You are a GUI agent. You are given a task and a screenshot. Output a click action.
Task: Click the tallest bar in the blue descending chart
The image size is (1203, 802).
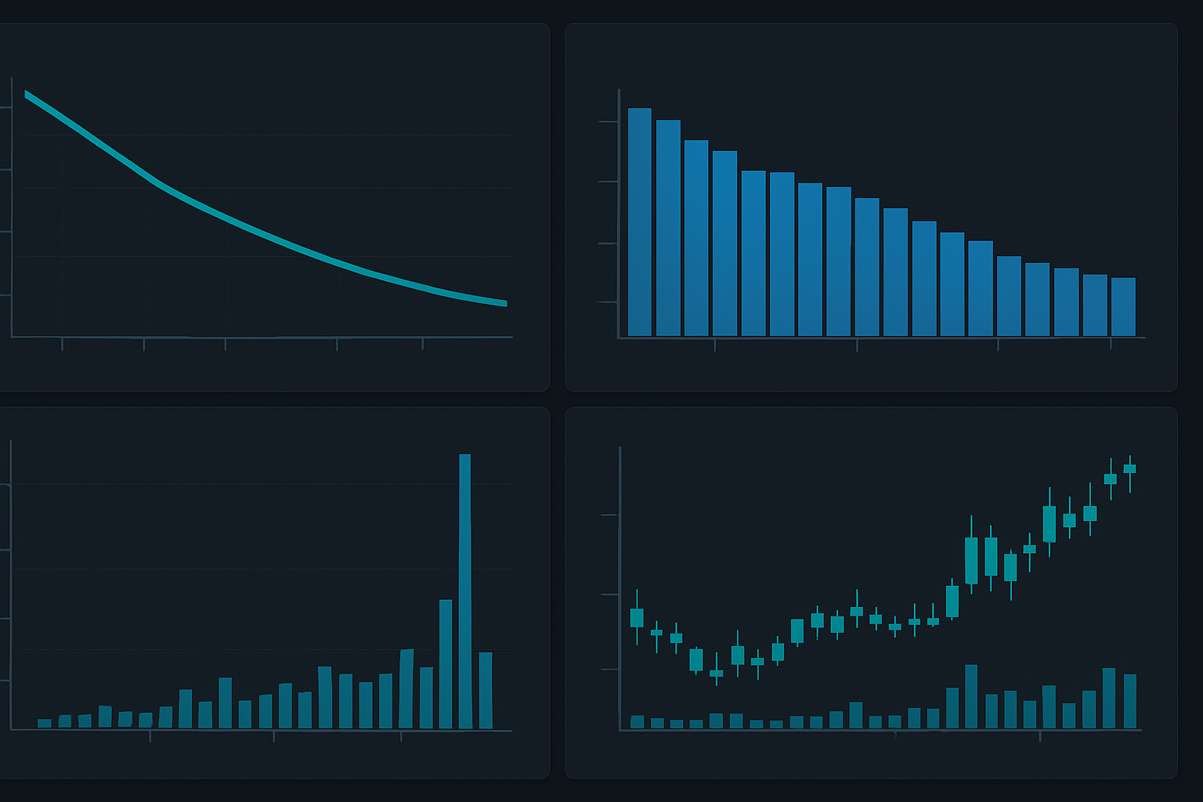pyautogui.click(x=639, y=222)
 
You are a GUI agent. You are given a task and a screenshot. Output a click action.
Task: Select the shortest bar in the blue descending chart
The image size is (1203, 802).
pyautogui.click(x=1123, y=307)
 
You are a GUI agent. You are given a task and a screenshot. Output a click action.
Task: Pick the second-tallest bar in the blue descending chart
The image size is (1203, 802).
pyautogui.click(x=668, y=228)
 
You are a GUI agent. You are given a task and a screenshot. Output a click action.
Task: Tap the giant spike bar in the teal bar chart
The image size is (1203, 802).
pyautogui.click(x=465, y=591)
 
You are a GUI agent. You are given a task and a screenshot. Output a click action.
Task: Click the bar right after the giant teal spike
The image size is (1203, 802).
pyautogui.click(x=486, y=690)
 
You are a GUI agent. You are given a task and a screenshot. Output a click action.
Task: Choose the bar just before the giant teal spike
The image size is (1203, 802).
pyautogui.click(x=446, y=664)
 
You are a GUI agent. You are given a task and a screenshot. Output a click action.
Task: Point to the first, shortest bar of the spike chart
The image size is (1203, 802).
pyautogui.click(x=45, y=723)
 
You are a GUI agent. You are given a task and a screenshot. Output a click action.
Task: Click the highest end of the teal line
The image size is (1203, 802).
pyautogui.click(x=27, y=94)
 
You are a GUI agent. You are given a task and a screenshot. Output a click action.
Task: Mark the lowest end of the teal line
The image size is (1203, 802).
pyautogui.click(x=505, y=303)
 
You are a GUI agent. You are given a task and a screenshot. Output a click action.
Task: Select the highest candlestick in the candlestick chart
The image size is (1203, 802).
pyautogui.click(x=1129, y=469)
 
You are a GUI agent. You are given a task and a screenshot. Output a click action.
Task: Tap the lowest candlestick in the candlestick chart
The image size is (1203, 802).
pyautogui.click(x=716, y=673)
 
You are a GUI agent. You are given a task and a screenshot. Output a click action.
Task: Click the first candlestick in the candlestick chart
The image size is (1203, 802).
pyautogui.click(x=637, y=618)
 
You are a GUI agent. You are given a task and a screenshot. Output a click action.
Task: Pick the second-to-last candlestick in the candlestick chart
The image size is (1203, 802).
pyautogui.click(x=1110, y=479)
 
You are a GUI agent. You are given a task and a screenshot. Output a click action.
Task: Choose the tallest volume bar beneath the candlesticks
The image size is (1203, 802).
pyautogui.click(x=971, y=696)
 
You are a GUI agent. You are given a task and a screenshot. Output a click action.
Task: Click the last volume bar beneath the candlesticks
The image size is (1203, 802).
pyautogui.click(x=1129, y=701)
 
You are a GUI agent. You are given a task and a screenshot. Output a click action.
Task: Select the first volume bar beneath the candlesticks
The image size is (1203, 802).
pyautogui.click(x=638, y=721)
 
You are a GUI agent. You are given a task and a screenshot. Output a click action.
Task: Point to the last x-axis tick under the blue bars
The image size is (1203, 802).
pyautogui.click(x=1111, y=344)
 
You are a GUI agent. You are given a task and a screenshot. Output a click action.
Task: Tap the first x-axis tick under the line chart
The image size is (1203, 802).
pyautogui.click(x=62, y=344)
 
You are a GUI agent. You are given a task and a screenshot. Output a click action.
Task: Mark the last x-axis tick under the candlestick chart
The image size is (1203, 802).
pyautogui.click(x=1040, y=736)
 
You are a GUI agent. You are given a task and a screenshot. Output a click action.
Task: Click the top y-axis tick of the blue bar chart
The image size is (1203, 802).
pyautogui.click(x=608, y=121)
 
